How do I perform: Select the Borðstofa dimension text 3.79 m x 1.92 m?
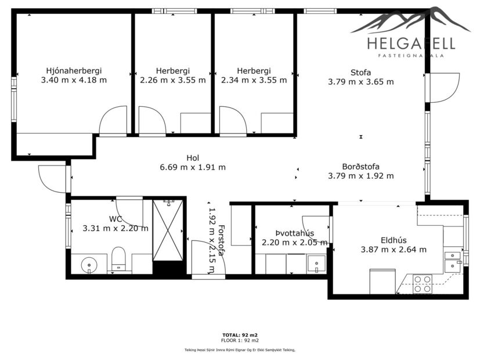coord(360,176)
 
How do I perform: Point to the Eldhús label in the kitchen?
coord(394,240)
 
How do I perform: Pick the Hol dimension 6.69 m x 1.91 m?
coord(193,167)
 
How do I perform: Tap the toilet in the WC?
coord(118,258)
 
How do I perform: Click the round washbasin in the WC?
coord(88,265)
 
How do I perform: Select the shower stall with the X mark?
coord(169,231)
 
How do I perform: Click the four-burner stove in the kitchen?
coord(422,284)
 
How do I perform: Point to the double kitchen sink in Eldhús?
coord(452,261)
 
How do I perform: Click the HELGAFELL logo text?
coord(411,43)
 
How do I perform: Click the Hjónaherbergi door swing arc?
coord(113,120)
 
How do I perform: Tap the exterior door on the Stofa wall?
coord(444,88)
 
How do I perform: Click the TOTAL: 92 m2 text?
coord(240,335)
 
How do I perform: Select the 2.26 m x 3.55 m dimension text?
coord(172,80)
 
